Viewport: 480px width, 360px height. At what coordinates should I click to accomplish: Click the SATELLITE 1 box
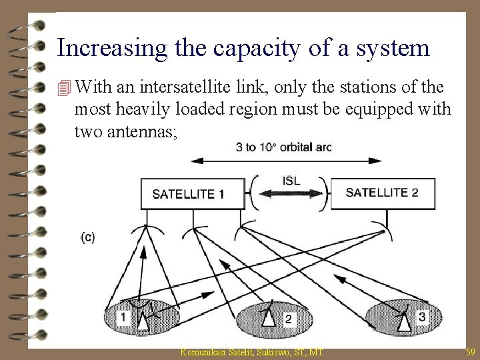click(189, 193)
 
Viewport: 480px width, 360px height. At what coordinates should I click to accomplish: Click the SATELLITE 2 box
click(381, 192)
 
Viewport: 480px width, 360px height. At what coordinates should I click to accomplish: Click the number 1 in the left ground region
click(123, 317)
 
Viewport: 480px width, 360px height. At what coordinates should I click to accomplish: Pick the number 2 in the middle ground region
click(288, 320)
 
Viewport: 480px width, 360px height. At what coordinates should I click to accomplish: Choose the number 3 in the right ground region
click(421, 317)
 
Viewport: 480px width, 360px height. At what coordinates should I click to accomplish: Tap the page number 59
click(469, 351)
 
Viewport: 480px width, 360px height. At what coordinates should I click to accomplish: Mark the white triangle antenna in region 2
click(268, 319)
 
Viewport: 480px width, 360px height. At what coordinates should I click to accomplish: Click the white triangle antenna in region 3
click(403, 321)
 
